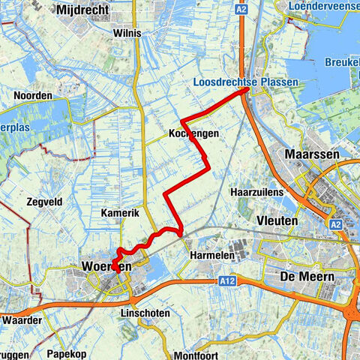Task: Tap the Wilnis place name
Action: [127, 34]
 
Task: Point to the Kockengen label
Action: [193, 133]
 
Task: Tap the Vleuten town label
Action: [277, 221]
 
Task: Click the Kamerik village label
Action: [119, 213]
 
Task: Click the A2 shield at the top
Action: [241, 10]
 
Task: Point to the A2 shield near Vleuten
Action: [334, 223]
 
